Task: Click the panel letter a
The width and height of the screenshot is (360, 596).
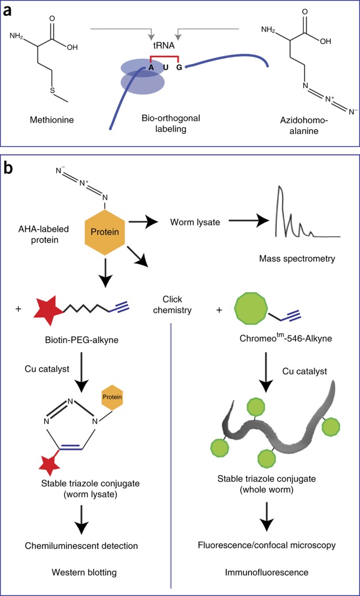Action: coord(8,11)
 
